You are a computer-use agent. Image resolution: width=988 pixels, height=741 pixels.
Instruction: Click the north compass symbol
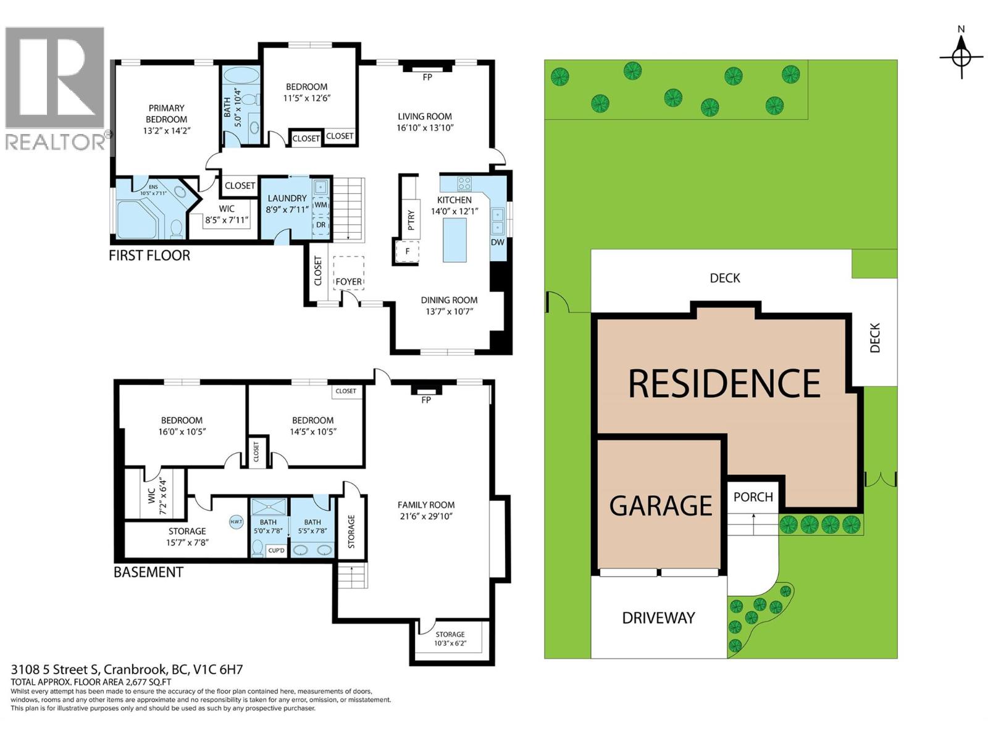pyautogui.click(x=961, y=56)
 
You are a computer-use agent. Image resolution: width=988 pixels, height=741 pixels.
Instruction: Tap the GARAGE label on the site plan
pyautogui.click(x=660, y=506)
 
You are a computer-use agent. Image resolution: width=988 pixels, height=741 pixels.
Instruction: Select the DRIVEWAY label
pyautogui.click(x=658, y=618)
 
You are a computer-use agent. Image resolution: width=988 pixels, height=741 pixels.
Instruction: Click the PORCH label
pyautogui.click(x=753, y=497)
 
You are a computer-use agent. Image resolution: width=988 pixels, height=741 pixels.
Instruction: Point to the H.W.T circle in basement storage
pyautogui.click(x=237, y=522)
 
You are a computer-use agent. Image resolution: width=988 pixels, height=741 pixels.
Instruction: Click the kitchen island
pyautogui.click(x=455, y=240)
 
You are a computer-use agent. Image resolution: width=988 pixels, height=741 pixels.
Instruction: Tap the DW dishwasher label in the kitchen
pyautogui.click(x=498, y=242)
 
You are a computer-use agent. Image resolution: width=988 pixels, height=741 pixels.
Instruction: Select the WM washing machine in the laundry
pyautogui.click(x=320, y=204)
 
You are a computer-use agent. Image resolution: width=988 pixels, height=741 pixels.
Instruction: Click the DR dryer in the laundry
pyautogui.click(x=320, y=225)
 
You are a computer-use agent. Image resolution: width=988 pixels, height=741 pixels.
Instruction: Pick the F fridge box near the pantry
pyautogui.click(x=407, y=251)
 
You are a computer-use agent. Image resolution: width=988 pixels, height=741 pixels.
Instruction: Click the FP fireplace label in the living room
pyautogui.click(x=427, y=77)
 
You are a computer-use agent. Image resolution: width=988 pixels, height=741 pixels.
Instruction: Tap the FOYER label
pyautogui.click(x=349, y=282)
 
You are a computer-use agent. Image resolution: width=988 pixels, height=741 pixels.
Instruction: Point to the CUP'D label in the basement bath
pyautogui.click(x=276, y=550)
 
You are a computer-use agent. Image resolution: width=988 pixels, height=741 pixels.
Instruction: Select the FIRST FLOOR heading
pyautogui.click(x=149, y=255)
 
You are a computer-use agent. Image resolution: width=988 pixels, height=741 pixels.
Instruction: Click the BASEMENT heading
pyautogui.click(x=148, y=572)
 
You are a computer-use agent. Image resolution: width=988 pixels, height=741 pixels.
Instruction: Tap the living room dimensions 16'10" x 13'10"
pyautogui.click(x=425, y=128)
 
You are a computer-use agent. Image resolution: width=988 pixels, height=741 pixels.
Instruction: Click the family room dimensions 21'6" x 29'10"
pyautogui.click(x=426, y=516)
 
